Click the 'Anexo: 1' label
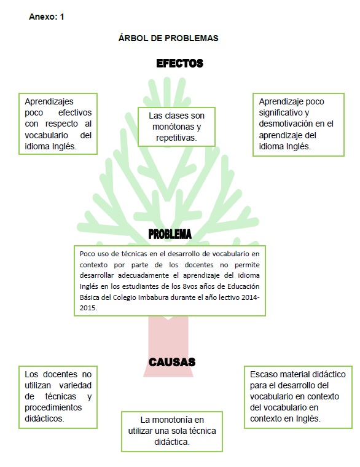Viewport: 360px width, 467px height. [47, 17]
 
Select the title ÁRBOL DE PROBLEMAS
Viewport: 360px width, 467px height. [168, 38]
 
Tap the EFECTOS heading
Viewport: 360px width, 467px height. [179, 63]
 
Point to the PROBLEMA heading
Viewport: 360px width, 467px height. [170, 234]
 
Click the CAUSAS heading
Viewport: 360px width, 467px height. [172, 362]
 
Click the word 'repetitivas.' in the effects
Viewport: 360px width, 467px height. [176, 138]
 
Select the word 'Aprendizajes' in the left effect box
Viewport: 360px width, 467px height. [49, 102]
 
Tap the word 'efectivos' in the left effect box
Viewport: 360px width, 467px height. [75, 112]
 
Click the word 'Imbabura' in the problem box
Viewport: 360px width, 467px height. [154, 297]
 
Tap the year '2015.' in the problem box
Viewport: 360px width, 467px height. [88, 308]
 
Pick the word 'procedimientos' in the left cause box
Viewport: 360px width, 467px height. [53, 408]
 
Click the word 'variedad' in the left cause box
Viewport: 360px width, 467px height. [76, 385]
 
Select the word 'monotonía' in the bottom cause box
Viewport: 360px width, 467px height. [171, 420]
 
